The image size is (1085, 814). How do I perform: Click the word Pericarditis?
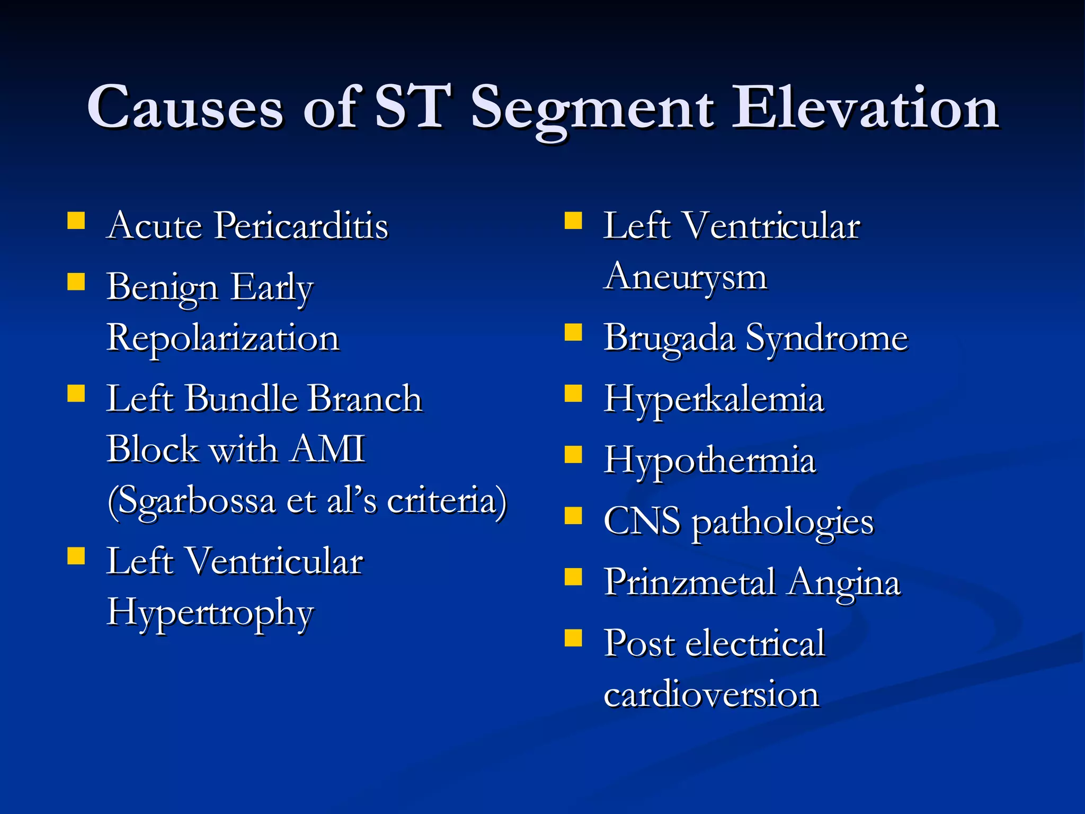(301, 226)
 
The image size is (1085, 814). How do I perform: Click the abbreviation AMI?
(328, 449)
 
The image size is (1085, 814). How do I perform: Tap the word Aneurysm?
(685, 277)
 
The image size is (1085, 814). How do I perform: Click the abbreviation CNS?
(642, 521)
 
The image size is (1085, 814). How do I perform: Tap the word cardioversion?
(711, 694)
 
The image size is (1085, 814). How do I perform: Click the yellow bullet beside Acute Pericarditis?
(76, 220)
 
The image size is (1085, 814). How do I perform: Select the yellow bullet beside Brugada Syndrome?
(573, 332)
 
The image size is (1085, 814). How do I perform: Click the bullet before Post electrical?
(573, 638)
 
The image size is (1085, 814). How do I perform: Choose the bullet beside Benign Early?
(76, 281)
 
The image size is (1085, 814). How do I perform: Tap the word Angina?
(844, 582)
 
